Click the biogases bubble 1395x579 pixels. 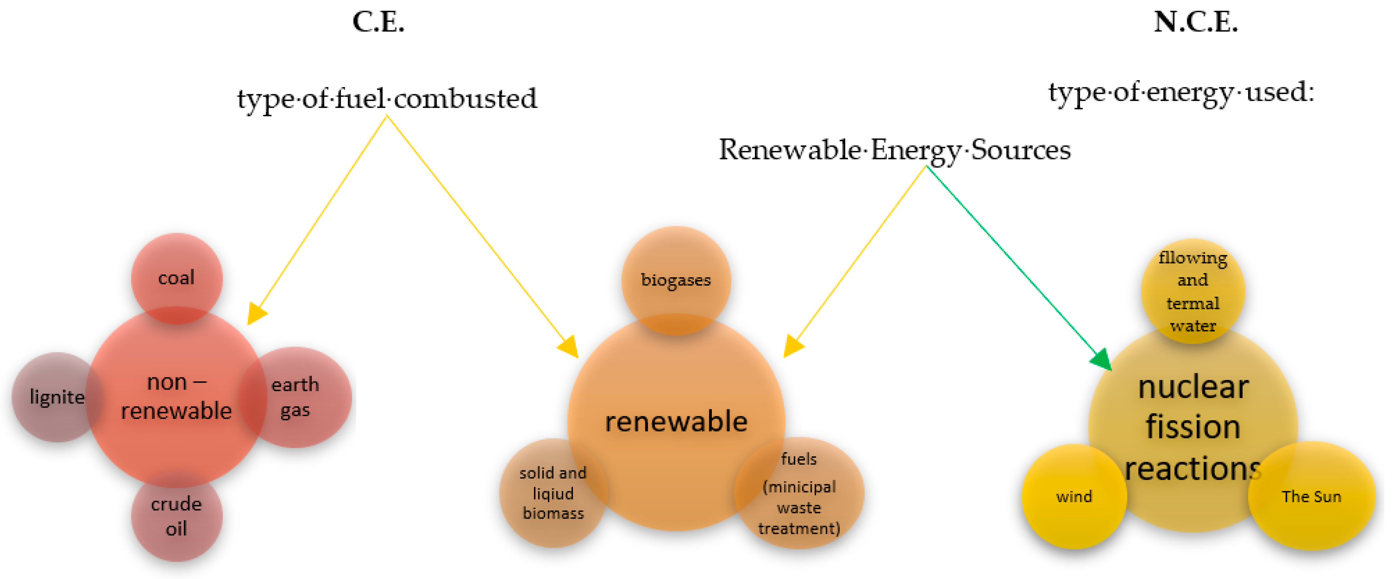pyautogui.click(x=676, y=280)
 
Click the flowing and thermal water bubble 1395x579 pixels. pyautogui.click(x=1193, y=291)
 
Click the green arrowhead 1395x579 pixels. pyautogui.click(x=1102, y=360)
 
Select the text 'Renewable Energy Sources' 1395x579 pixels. pyautogui.click(x=895, y=150)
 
